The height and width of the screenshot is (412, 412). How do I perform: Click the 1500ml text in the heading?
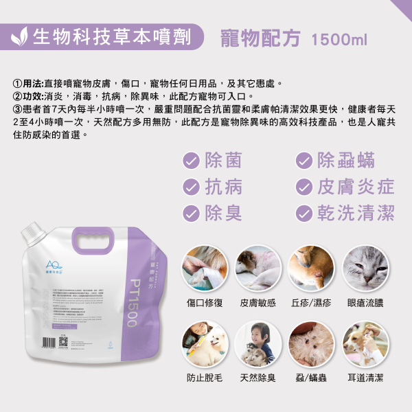(339, 39)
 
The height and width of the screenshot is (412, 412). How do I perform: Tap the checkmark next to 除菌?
(191, 161)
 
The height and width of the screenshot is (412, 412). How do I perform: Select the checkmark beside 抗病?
(191, 187)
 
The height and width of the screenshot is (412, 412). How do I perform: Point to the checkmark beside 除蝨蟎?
(303, 161)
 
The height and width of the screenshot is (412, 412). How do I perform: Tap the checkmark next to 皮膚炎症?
(303, 187)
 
